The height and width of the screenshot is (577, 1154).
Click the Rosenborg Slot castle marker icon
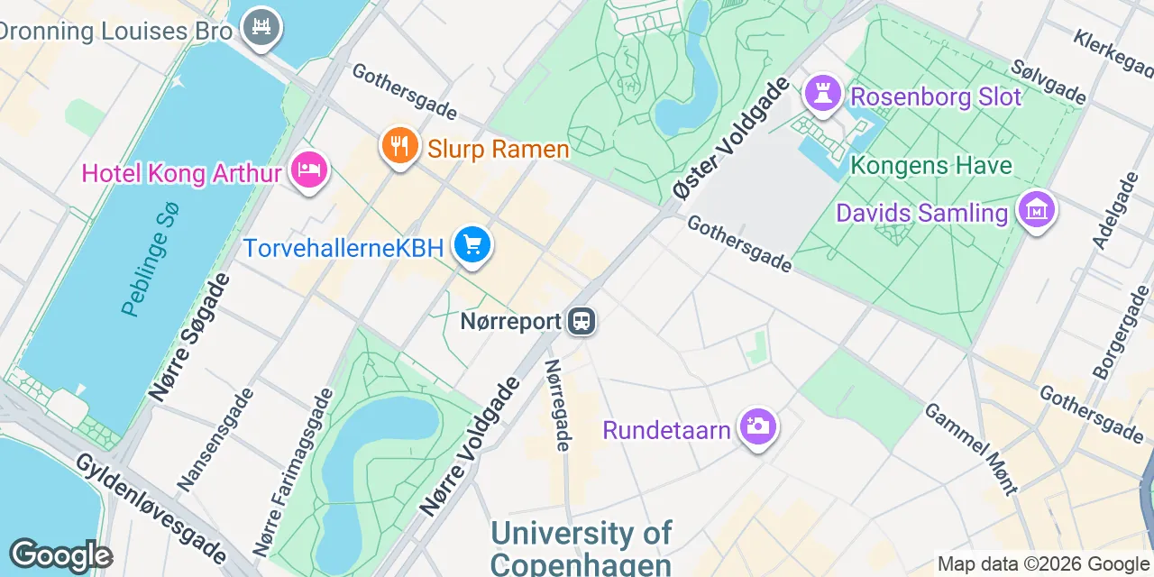pos(822,93)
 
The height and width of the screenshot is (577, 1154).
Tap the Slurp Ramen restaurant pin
pos(398,144)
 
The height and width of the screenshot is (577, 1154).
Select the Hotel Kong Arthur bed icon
pos(309,169)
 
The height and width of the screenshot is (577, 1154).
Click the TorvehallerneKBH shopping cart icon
pos(472,243)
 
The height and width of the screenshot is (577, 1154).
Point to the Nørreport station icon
pos(582,321)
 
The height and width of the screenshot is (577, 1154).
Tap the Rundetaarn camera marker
pos(757,426)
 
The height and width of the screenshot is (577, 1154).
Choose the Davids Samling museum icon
pos(1037,210)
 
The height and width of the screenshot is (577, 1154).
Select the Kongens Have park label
pos(931,166)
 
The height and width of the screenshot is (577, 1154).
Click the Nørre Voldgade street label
pos(470,448)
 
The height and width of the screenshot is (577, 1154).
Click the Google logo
pos(60,555)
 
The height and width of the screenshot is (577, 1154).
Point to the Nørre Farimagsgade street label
pos(294,473)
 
